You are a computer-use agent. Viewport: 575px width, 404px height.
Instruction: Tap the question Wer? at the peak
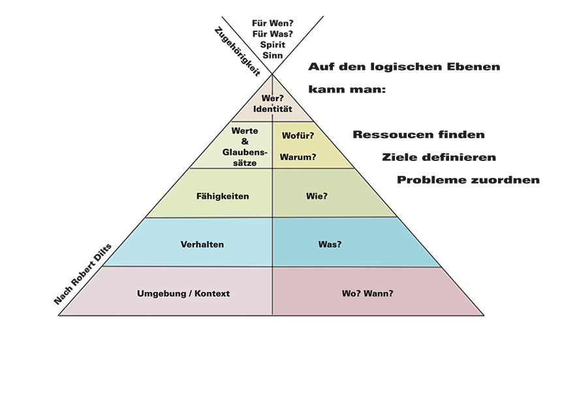point(272,98)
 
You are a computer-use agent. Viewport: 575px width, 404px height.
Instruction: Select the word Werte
point(245,131)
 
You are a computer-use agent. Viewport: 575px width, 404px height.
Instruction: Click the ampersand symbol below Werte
point(245,141)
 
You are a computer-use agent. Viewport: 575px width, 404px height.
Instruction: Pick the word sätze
point(245,162)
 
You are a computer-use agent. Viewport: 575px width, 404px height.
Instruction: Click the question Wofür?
point(298,136)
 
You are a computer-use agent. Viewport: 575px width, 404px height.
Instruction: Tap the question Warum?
point(298,157)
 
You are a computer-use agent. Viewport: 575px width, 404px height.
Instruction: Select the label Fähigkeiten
point(223,195)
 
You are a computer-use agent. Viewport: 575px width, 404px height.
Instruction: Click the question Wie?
point(317,195)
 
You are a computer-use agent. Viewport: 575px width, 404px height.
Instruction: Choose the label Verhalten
point(202,244)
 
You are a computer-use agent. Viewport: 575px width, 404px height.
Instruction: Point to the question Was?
point(331,244)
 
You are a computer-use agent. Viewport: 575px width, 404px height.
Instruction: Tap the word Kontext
point(211,293)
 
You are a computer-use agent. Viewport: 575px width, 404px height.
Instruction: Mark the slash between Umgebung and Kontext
point(189,293)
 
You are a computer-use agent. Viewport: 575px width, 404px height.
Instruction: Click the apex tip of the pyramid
point(272,76)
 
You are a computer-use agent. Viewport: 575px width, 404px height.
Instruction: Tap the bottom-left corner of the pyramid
point(59,315)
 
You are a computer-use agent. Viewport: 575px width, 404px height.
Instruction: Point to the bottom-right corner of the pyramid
point(484,315)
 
